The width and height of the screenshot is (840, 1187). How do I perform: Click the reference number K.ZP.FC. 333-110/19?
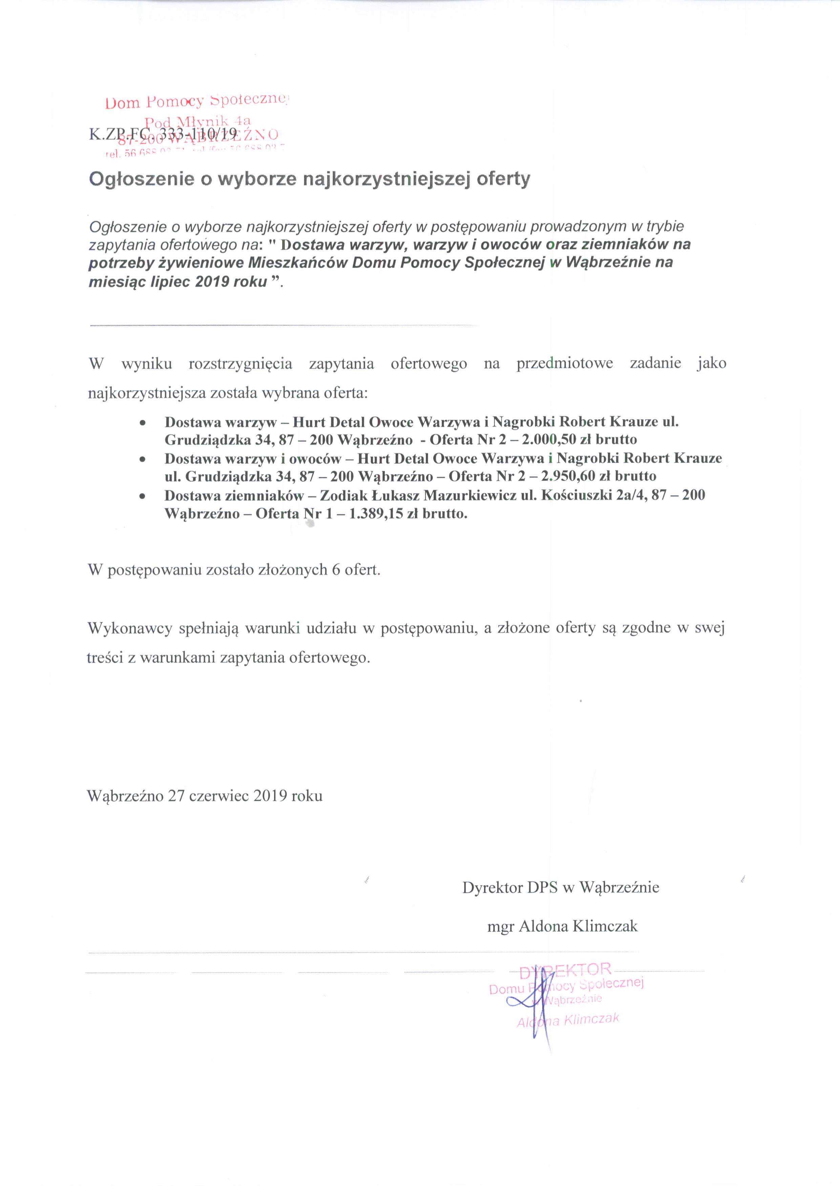[x=163, y=134]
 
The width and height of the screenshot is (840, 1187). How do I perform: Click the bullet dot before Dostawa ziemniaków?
[x=142, y=496]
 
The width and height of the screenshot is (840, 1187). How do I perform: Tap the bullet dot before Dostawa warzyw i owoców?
[x=142, y=459]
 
